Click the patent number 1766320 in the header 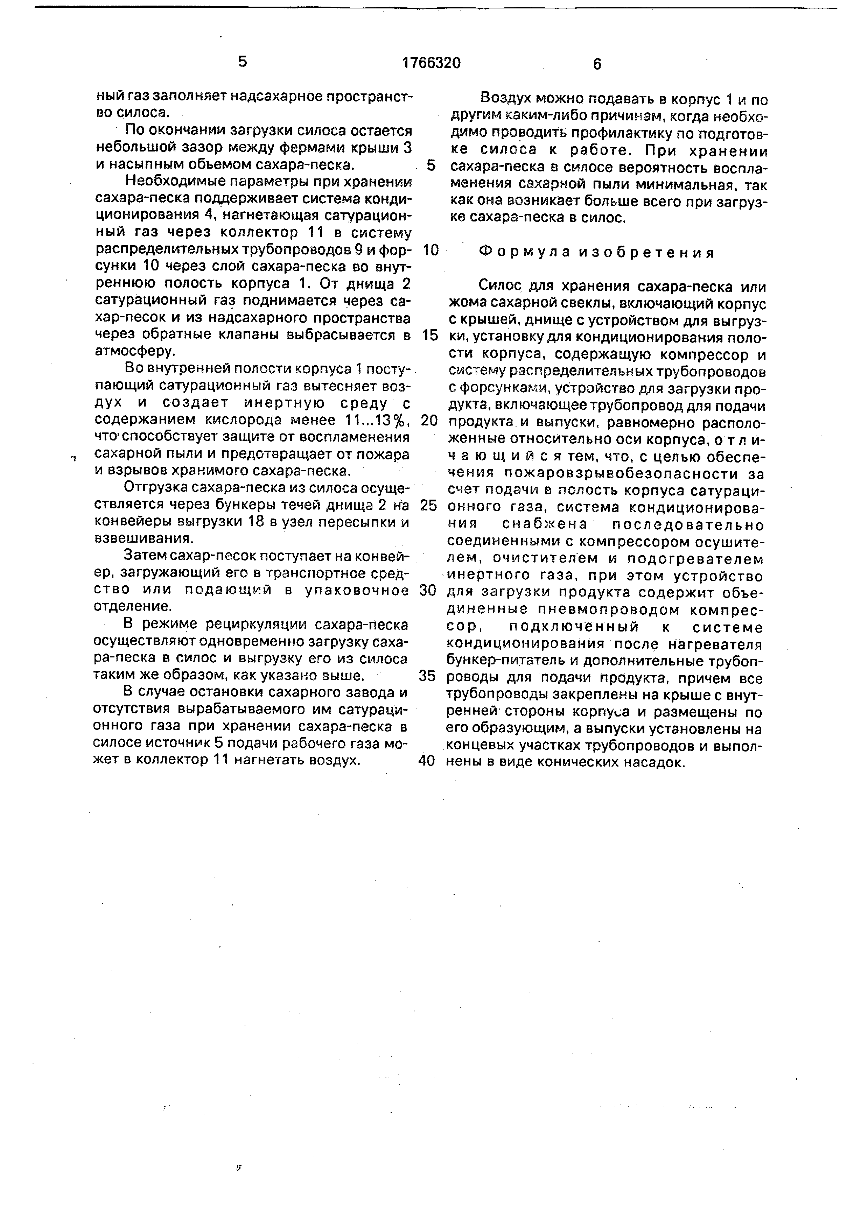click(x=431, y=63)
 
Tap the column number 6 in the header click(x=597, y=64)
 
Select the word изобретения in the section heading click(x=648, y=252)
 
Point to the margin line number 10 click(x=430, y=250)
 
